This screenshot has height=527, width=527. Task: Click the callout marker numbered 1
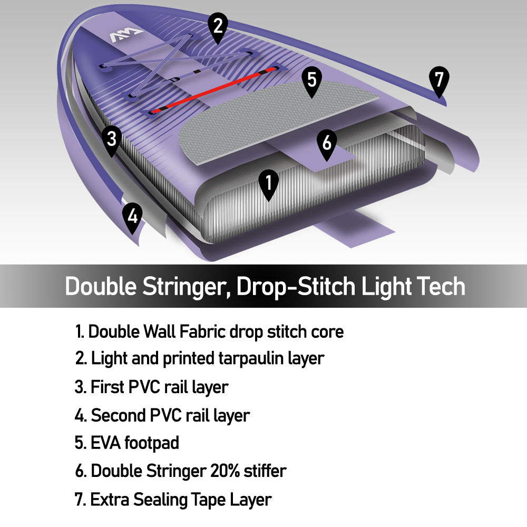tap(269, 184)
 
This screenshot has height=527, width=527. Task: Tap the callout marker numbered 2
tap(218, 27)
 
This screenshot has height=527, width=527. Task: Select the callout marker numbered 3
tap(112, 140)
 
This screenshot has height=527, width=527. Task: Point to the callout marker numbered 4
tap(132, 217)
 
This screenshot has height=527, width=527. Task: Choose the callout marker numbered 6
tap(327, 143)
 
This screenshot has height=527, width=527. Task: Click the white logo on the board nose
tap(126, 35)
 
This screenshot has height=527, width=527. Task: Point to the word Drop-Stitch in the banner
tap(296, 287)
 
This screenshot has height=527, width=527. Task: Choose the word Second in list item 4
tap(118, 415)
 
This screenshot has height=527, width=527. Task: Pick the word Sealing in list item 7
tap(160, 500)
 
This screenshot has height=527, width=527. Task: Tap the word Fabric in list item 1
tap(202, 331)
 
